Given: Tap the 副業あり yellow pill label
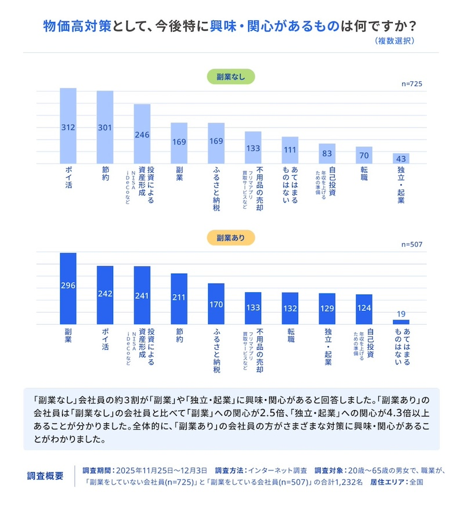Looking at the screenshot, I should [231, 238].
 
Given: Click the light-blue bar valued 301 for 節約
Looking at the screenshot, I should [105, 127].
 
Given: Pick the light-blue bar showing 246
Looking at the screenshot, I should [142, 134].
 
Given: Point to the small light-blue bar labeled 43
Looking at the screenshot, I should [401, 158].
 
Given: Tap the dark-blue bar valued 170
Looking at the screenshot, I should [216, 303].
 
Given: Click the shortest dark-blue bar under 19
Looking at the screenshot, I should [401, 322].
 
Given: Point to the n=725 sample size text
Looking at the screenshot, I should [412, 84].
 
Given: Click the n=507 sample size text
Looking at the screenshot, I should [412, 245].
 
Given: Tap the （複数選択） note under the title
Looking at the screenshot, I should [395, 41].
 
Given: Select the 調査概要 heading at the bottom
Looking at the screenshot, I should [46, 476].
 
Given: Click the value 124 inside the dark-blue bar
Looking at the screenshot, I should [364, 307].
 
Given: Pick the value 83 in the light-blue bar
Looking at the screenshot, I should [327, 154].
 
